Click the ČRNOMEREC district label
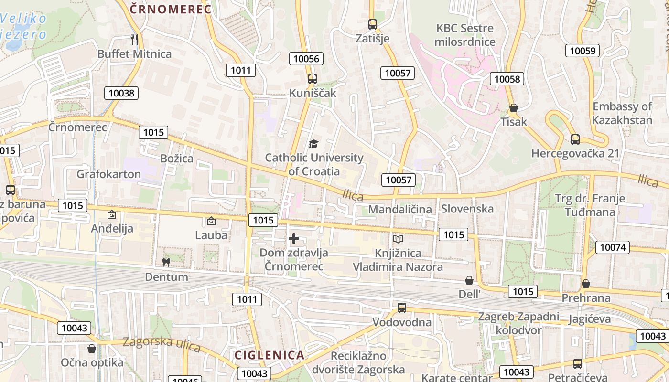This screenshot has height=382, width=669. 170,9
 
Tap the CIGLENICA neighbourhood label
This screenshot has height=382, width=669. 270,355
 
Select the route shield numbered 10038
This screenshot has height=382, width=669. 121,93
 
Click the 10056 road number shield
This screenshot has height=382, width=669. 306,59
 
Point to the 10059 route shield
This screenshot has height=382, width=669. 582,50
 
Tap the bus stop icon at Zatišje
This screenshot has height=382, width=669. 373,24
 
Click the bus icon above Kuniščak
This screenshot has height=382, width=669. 313,79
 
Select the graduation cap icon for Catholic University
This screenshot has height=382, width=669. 313,144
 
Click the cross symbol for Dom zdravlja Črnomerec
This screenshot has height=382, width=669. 294,239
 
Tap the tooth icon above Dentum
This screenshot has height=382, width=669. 166,262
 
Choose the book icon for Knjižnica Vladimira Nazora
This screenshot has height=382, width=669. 398,239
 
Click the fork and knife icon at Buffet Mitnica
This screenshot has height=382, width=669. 134,39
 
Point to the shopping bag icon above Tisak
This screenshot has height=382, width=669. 514,108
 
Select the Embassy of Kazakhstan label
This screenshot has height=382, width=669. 622,113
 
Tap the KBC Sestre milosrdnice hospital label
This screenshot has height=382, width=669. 465,35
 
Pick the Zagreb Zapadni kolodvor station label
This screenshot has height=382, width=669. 518,323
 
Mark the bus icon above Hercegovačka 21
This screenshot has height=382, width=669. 575,139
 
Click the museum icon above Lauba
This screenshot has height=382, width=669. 211,221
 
